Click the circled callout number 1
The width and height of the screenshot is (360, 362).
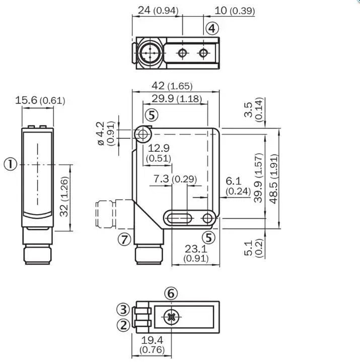click(11, 164)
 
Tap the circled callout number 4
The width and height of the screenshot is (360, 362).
click(211, 28)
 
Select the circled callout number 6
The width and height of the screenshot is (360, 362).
click(171, 293)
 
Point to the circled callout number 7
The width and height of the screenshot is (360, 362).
click(124, 239)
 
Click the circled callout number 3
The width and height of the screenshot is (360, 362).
click(123, 310)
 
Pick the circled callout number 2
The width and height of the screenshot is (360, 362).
click(123, 325)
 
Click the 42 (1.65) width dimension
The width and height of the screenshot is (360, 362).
click(172, 86)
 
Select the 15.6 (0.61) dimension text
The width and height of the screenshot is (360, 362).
click(40, 100)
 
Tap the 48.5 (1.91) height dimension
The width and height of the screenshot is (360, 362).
click(273, 179)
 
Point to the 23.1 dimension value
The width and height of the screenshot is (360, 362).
click(196, 249)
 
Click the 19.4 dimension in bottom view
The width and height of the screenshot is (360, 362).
click(152, 340)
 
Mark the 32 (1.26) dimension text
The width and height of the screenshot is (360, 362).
click(64, 197)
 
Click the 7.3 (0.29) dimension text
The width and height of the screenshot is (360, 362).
click(175, 179)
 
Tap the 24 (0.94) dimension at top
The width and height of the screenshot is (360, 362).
click(158, 11)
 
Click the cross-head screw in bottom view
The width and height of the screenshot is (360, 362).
click(171, 317)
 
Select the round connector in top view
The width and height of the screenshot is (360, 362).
click(150, 53)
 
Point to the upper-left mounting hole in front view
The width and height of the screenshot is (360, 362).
click(143, 134)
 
